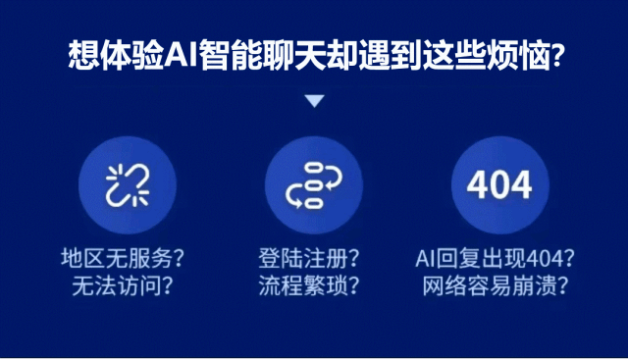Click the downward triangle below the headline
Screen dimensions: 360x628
(x=314, y=100)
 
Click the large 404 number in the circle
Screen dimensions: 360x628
(x=498, y=184)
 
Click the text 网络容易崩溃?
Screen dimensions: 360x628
(x=497, y=286)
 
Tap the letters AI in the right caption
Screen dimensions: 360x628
(x=425, y=260)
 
